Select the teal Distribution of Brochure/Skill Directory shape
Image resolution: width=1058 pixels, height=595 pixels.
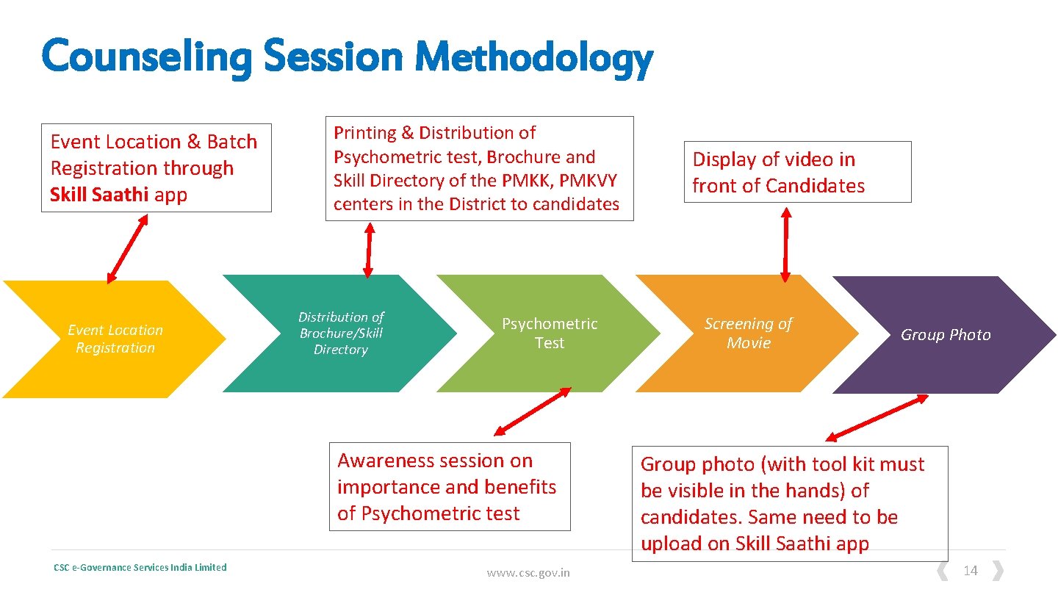click(x=341, y=333)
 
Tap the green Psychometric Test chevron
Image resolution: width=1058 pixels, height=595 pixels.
click(x=550, y=333)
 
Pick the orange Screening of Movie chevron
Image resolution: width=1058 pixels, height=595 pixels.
click(x=748, y=333)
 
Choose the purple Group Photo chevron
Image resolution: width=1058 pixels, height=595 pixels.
click(x=946, y=335)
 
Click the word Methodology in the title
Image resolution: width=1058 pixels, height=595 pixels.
click(x=533, y=58)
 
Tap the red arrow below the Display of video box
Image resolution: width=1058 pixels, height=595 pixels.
click(x=785, y=245)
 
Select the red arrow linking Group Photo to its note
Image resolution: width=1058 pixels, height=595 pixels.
click(x=877, y=418)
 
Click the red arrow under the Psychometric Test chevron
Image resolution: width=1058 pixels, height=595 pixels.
click(x=532, y=412)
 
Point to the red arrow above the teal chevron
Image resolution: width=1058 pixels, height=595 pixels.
click(x=369, y=250)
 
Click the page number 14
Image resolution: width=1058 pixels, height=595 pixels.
click(x=971, y=571)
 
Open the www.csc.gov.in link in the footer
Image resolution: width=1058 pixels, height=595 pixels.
click(x=528, y=573)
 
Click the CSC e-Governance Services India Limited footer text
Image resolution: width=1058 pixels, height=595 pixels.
click(x=140, y=567)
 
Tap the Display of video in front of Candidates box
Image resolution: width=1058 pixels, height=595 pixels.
click(x=797, y=173)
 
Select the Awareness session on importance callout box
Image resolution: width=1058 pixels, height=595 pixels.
click(x=449, y=486)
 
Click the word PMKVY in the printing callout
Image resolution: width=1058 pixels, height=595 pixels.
click(x=590, y=181)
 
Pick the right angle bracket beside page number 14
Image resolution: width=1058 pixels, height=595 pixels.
click(x=998, y=571)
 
